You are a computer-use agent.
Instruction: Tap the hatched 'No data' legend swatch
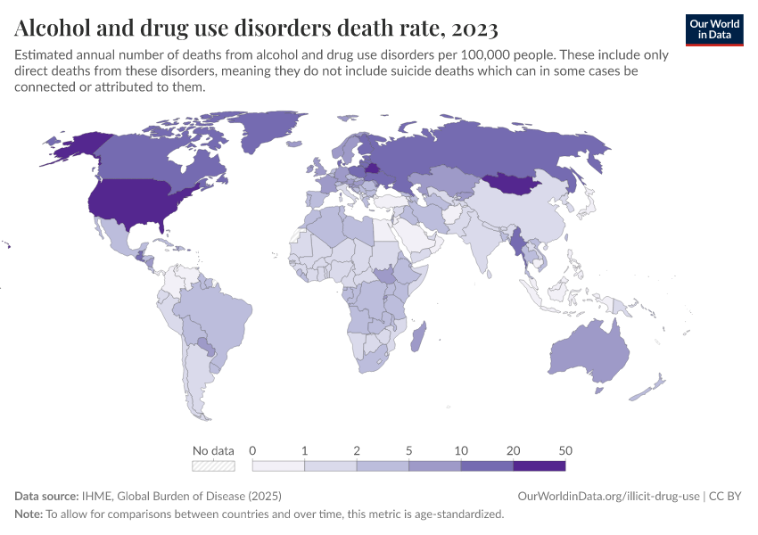click(x=214, y=465)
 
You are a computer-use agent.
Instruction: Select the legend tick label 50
click(x=564, y=450)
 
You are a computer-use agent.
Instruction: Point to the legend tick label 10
click(x=461, y=450)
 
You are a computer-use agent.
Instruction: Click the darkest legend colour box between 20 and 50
click(x=539, y=465)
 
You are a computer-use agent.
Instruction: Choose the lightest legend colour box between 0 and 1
click(x=278, y=465)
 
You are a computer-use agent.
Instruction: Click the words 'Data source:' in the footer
click(x=46, y=496)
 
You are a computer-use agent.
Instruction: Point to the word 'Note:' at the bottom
click(x=29, y=514)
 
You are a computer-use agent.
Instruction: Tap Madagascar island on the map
click(x=424, y=341)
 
